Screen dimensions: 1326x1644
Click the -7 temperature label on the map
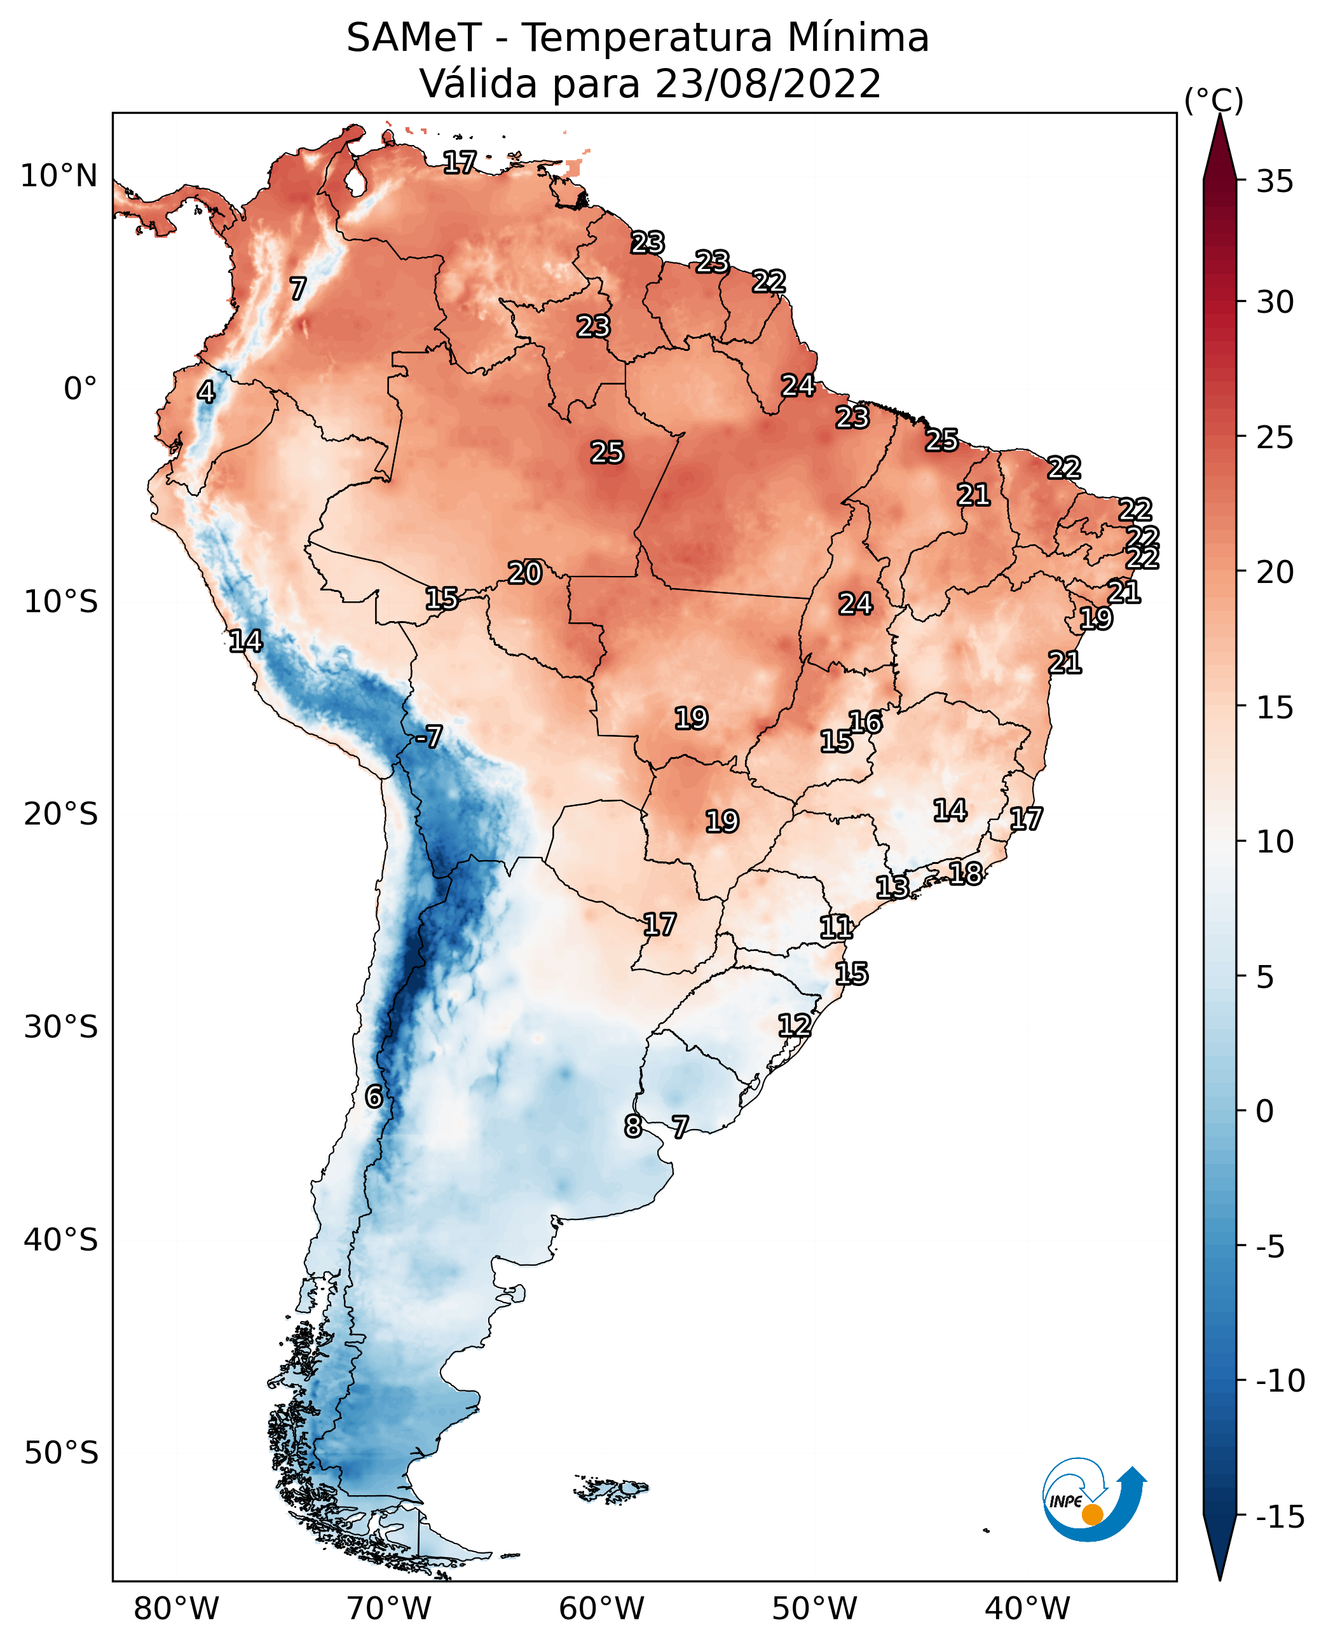[x=428, y=737]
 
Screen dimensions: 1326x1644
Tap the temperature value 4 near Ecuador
[x=206, y=392]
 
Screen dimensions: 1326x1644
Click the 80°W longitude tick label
[x=177, y=1609]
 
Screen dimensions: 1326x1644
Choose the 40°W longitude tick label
[x=1027, y=1609]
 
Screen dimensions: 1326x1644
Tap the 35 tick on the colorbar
[x=1275, y=182]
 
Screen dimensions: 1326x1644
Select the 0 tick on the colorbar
[x=1265, y=1111]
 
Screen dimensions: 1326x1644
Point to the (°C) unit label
[x=1213, y=100]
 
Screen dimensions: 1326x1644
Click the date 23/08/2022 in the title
[x=769, y=83]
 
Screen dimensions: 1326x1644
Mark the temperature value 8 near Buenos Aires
[x=632, y=1126]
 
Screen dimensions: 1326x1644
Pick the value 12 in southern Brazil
[x=795, y=1025]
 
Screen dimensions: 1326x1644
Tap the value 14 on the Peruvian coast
[x=245, y=641]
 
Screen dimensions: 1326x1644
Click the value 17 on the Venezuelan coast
[x=460, y=162]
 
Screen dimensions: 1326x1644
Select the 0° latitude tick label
[x=80, y=389]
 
